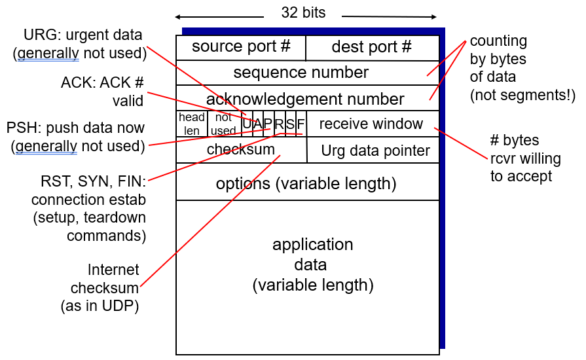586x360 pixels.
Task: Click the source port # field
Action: pos(241,48)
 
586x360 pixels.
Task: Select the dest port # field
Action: pos(373,48)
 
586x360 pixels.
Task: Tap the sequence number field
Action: pos(308,73)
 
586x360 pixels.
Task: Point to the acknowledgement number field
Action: pos(308,98)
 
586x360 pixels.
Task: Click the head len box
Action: pos(192,124)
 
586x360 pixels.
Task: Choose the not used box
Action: pos(224,124)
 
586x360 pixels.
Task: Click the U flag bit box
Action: pos(247,124)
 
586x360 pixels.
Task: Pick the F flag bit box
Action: pos(301,124)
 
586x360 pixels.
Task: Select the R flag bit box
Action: pos(280,124)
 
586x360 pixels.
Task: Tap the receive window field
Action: pos(373,124)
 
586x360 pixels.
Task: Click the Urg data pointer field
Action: pos(373,150)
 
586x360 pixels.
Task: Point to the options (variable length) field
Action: pos(308,181)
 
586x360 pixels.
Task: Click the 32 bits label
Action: pos(303,12)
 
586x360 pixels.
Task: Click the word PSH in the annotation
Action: pos(22,128)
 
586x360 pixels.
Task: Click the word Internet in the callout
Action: pos(113,270)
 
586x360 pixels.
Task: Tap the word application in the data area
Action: pos(312,245)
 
